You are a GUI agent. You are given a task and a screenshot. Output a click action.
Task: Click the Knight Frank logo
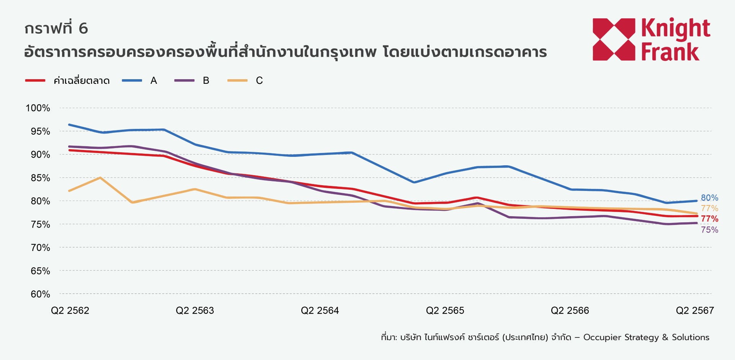(651, 39)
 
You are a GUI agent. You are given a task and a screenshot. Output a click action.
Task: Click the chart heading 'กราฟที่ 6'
(56, 28)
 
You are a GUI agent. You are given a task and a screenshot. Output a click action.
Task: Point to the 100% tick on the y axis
(38, 108)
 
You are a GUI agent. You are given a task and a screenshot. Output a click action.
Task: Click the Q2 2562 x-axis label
(70, 311)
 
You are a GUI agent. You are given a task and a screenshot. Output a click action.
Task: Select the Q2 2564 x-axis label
(320, 311)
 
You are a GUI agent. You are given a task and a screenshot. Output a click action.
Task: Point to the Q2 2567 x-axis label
(695, 311)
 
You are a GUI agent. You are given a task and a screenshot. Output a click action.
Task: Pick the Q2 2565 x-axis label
(445, 311)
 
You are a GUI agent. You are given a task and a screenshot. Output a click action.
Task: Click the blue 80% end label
(709, 198)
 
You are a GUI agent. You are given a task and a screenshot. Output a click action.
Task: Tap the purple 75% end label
(709, 230)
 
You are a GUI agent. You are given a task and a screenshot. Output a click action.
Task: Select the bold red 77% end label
(709, 219)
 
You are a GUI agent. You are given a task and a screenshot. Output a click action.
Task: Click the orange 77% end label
(709, 209)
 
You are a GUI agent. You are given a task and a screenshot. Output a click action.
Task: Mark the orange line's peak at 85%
(100, 178)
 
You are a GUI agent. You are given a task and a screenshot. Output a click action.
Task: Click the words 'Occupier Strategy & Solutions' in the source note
(646, 337)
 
